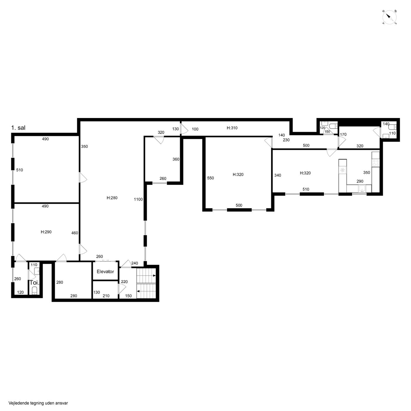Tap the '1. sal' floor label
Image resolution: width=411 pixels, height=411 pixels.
pyautogui.click(x=18, y=128)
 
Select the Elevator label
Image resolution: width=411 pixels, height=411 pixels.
pyautogui.click(x=105, y=272)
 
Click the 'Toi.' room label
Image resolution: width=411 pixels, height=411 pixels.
pyautogui.click(x=35, y=283)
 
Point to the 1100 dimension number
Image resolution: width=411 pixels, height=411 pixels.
pyautogui.click(x=138, y=199)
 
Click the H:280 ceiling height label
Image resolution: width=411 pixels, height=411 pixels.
pyautogui.click(x=112, y=198)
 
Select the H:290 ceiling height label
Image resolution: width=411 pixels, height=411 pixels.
pyautogui.click(x=46, y=232)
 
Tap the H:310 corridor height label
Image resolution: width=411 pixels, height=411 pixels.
pyautogui.click(x=232, y=128)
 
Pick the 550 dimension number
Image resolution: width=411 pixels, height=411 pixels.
pyautogui.click(x=210, y=178)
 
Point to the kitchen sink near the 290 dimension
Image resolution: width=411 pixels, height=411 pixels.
pyautogui.click(x=362, y=188)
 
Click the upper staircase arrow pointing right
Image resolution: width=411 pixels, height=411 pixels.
pyautogui.click(x=154, y=276)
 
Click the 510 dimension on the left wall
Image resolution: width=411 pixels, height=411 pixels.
pyautogui.click(x=19, y=170)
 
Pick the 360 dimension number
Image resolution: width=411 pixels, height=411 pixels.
pyautogui.click(x=176, y=159)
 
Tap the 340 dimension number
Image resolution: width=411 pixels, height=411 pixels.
pyautogui.click(x=278, y=175)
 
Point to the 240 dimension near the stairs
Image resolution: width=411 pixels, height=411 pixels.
pyautogui.click(x=134, y=263)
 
